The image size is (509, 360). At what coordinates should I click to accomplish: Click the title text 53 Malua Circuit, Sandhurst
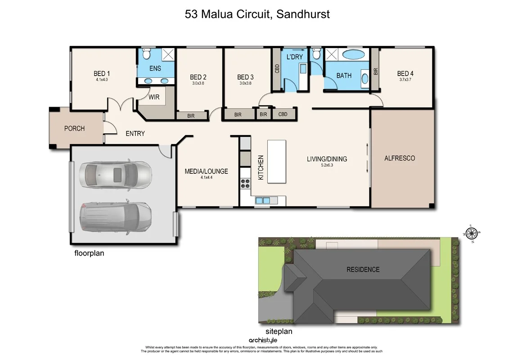coord(257,14)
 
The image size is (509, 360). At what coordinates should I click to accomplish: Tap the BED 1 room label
coord(102,74)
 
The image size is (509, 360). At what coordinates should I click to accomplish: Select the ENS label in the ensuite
coord(155,69)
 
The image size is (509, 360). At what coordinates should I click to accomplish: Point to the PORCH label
coord(74,129)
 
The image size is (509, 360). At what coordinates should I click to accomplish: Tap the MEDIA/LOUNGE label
coord(206,171)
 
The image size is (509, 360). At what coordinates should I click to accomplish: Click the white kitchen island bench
coord(276,161)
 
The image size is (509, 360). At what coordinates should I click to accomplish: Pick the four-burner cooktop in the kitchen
coord(246,184)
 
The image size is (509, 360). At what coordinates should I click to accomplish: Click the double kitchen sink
coord(262,200)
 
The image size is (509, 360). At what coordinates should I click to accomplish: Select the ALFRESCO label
coord(399,158)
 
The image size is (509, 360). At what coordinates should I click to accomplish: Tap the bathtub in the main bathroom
coord(354,55)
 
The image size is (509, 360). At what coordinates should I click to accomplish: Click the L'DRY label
coord(294,57)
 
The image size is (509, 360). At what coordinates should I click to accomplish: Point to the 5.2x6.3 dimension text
coord(327,166)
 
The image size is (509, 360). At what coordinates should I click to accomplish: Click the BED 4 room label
coord(405,74)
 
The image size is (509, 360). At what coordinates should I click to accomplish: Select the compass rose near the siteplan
coord(471,233)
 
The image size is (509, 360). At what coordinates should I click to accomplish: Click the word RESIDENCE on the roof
coord(363,270)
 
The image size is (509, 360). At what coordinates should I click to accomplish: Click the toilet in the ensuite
coord(145,54)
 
